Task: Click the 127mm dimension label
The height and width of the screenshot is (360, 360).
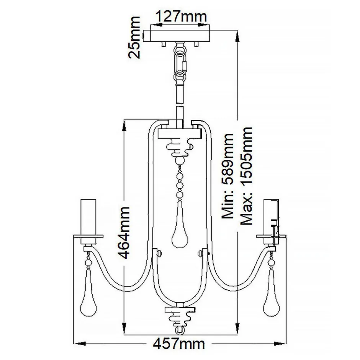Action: point(180,16)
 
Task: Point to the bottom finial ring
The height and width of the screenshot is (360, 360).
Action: point(180,329)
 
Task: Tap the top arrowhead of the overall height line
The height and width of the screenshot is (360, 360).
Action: point(237,36)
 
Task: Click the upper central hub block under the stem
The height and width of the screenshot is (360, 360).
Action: point(180,133)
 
